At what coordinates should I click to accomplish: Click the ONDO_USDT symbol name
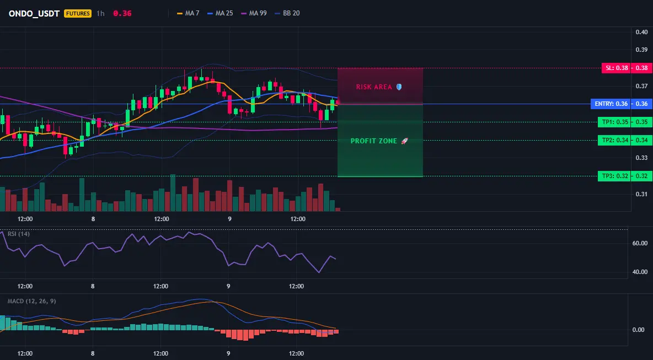35,13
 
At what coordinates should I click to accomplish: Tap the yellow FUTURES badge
77,13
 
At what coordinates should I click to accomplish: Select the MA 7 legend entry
188,13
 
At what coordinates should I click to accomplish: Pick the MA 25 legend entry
220,13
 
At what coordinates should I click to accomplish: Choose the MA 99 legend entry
254,13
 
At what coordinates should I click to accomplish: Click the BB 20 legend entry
287,13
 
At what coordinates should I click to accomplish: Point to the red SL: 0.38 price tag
615,68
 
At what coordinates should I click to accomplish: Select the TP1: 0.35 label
613,122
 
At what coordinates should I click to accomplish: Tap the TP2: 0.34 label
613,140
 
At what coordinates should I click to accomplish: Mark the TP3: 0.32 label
613,176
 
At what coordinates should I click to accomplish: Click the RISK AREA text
374,87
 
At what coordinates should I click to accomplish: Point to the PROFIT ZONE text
374,141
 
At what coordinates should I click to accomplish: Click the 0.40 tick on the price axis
642,32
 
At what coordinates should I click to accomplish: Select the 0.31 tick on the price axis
642,194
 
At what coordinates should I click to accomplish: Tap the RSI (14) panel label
19,234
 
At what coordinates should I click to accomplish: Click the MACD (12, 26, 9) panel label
31,301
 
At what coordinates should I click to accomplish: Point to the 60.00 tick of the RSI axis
640,243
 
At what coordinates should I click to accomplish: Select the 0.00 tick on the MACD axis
639,330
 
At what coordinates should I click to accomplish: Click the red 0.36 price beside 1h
122,13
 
